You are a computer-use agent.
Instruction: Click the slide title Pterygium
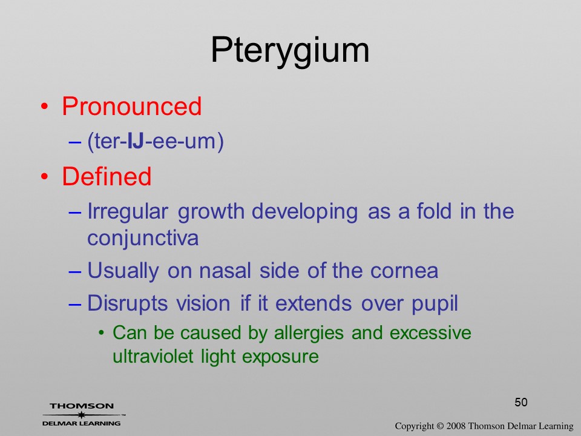(290, 51)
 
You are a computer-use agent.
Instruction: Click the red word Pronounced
(131, 107)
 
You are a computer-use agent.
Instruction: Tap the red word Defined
(107, 176)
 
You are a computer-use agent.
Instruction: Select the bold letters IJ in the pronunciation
(135, 141)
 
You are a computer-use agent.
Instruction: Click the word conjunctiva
(143, 238)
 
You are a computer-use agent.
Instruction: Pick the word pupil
(435, 304)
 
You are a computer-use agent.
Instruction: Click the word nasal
(225, 270)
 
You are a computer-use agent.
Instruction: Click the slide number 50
(521, 402)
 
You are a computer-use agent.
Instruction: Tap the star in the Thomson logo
(81, 415)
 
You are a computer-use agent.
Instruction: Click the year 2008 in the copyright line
(456, 426)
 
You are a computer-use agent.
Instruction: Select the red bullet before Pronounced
(44, 107)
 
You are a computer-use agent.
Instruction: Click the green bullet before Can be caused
(102, 333)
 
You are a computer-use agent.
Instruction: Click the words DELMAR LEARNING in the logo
(81, 423)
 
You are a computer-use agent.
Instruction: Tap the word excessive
(430, 332)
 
